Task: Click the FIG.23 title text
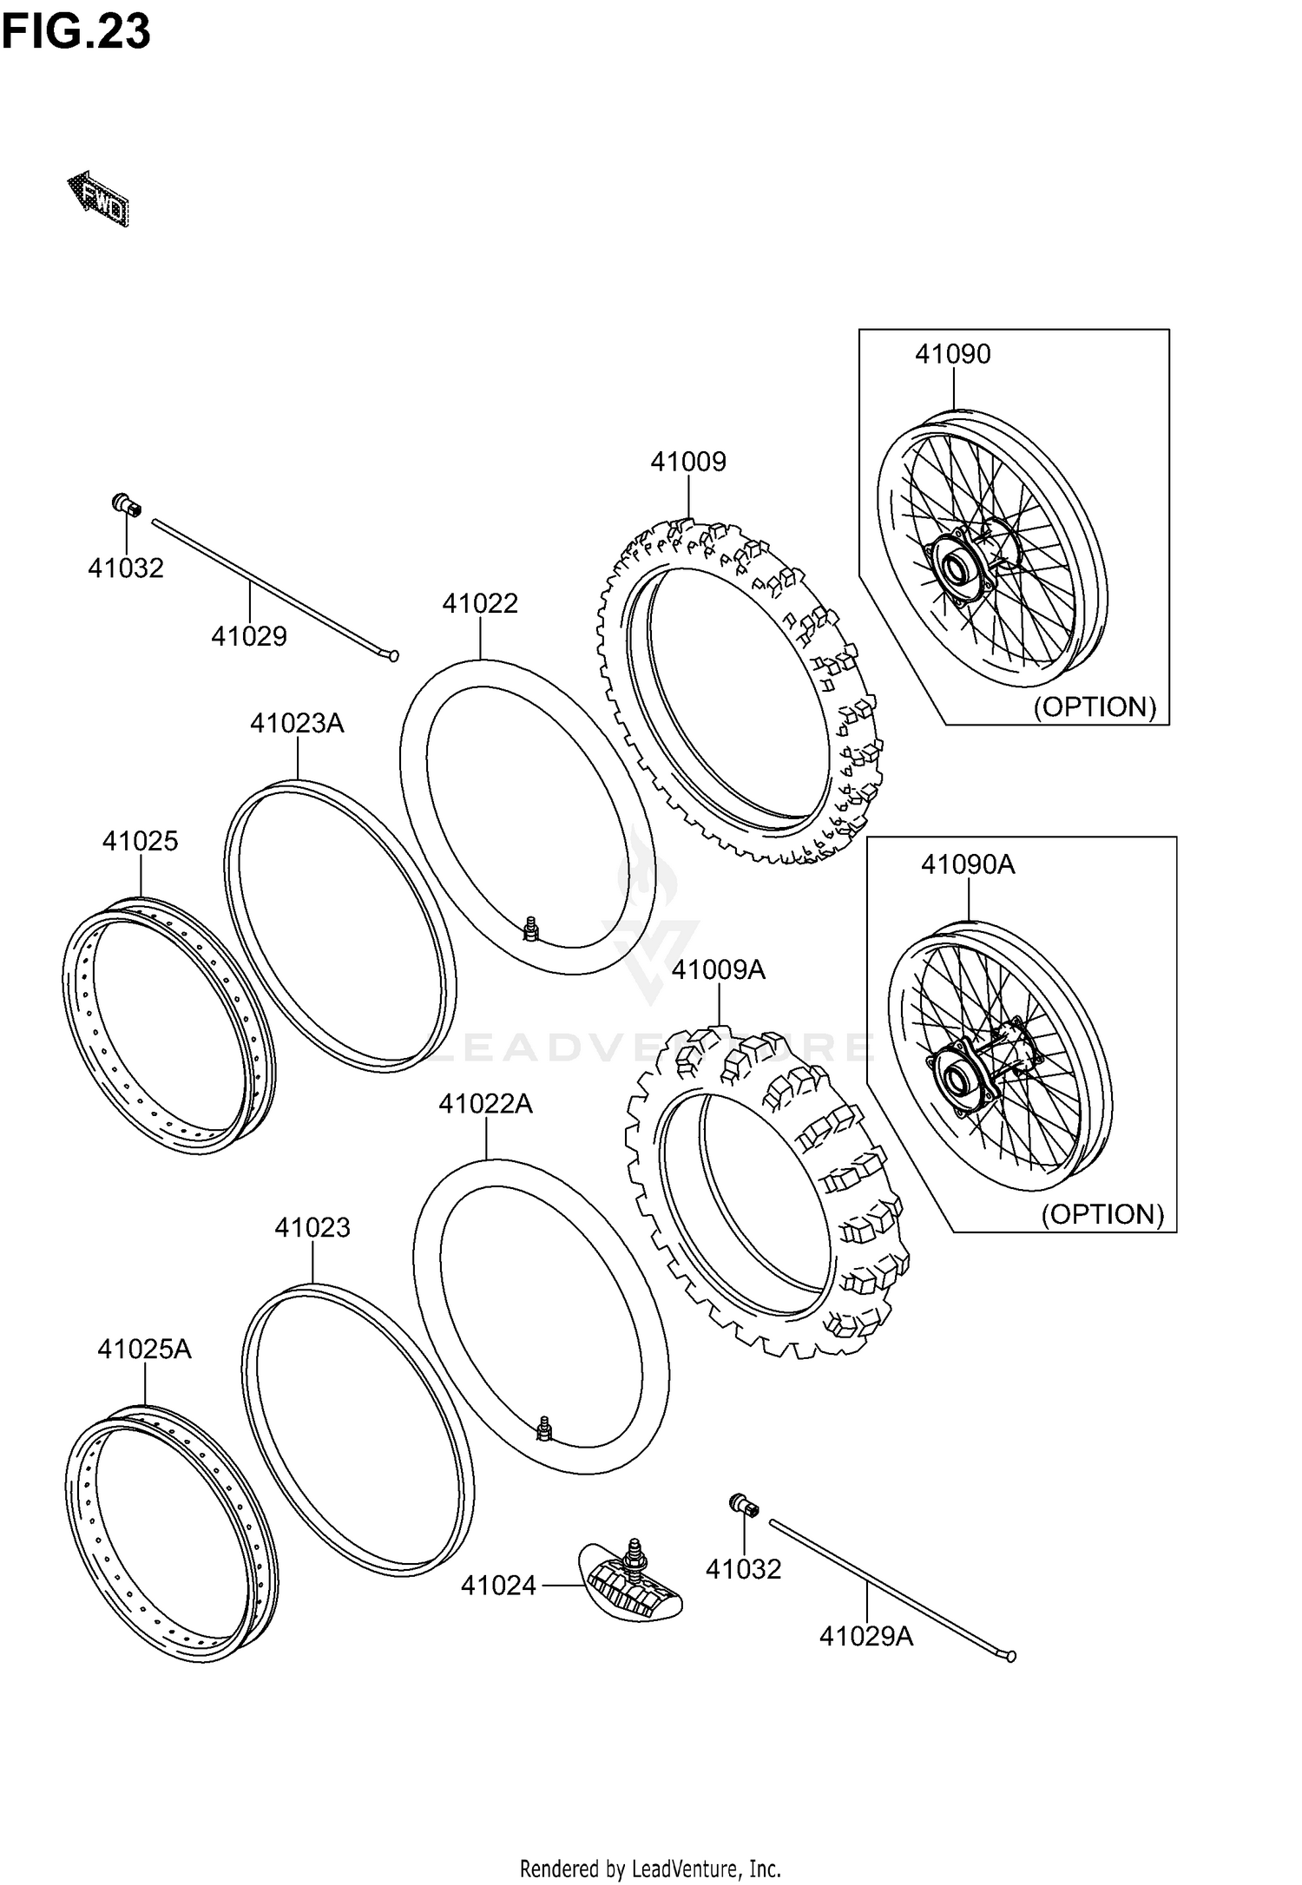point(76,32)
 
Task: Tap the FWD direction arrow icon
point(99,199)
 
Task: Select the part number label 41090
point(952,354)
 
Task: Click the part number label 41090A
point(967,864)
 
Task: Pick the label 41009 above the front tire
point(687,462)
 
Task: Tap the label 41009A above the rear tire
point(718,969)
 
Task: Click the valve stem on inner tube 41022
point(530,928)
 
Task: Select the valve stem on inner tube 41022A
point(544,1428)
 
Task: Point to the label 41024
point(498,1586)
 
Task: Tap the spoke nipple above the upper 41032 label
point(127,504)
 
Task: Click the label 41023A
point(297,723)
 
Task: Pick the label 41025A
point(144,1350)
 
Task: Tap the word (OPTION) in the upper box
point(1094,706)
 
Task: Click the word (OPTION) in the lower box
point(1101,1214)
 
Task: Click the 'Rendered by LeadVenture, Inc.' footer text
point(650,1868)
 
